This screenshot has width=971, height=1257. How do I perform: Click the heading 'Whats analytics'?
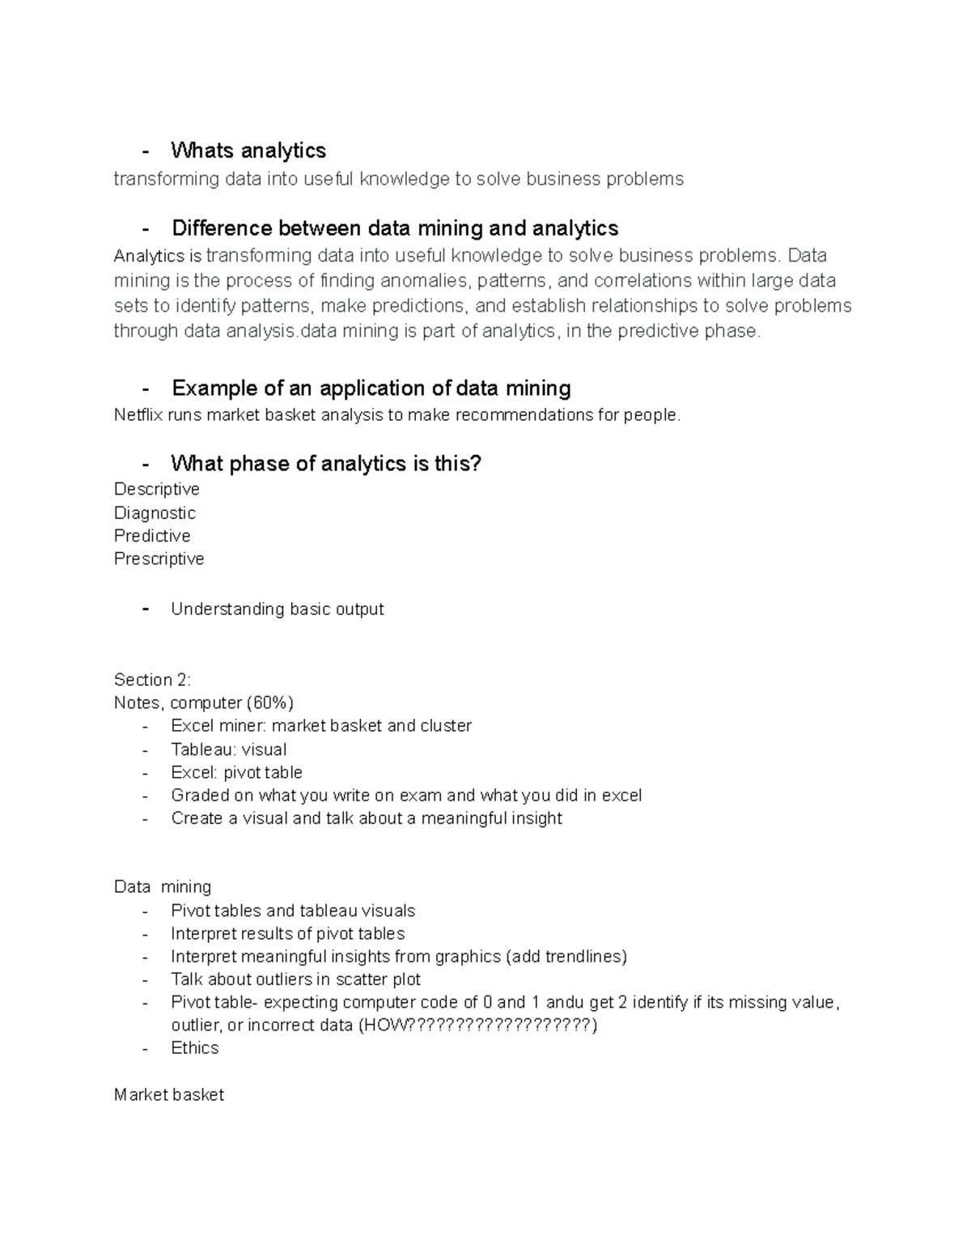coord(248,151)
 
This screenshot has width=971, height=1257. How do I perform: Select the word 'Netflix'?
coord(133,415)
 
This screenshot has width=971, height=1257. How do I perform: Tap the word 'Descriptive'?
coord(156,489)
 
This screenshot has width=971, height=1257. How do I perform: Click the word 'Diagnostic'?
coord(155,512)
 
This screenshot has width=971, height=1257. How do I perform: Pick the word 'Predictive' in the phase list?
coord(152,536)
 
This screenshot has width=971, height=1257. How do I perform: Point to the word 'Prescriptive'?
coord(159,558)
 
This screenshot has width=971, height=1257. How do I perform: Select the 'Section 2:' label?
coord(152,679)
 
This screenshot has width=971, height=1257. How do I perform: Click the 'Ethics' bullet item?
coord(194,1047)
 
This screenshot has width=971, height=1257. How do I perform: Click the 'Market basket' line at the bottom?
coord(168,1094)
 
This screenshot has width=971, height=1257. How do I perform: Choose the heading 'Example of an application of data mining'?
coord(371,389)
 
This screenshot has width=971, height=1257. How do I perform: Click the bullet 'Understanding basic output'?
coord(277,609)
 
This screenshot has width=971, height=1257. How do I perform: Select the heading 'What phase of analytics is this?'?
coord(325,464)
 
